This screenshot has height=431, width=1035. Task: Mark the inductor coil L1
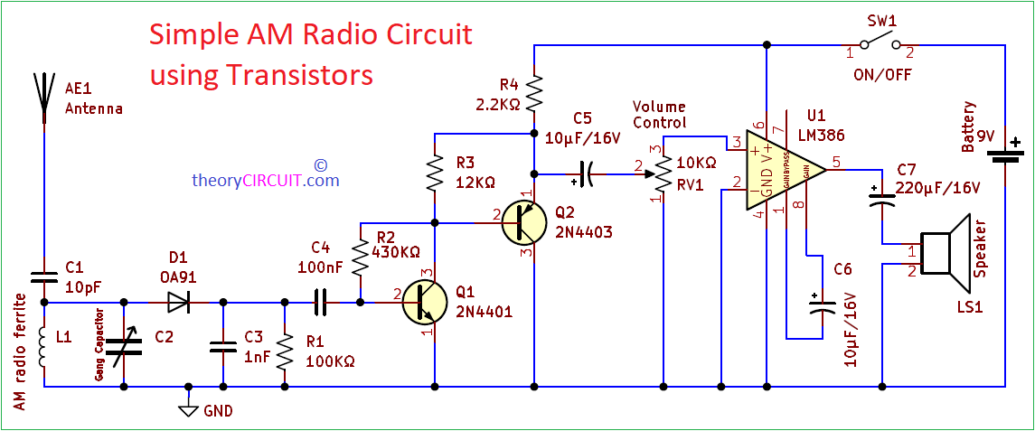click(42, 348)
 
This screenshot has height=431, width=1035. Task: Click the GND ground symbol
click(188, 409)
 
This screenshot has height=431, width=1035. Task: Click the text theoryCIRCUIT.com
click(265, 180)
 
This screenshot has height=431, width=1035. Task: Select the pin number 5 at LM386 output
click(836, 163)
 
